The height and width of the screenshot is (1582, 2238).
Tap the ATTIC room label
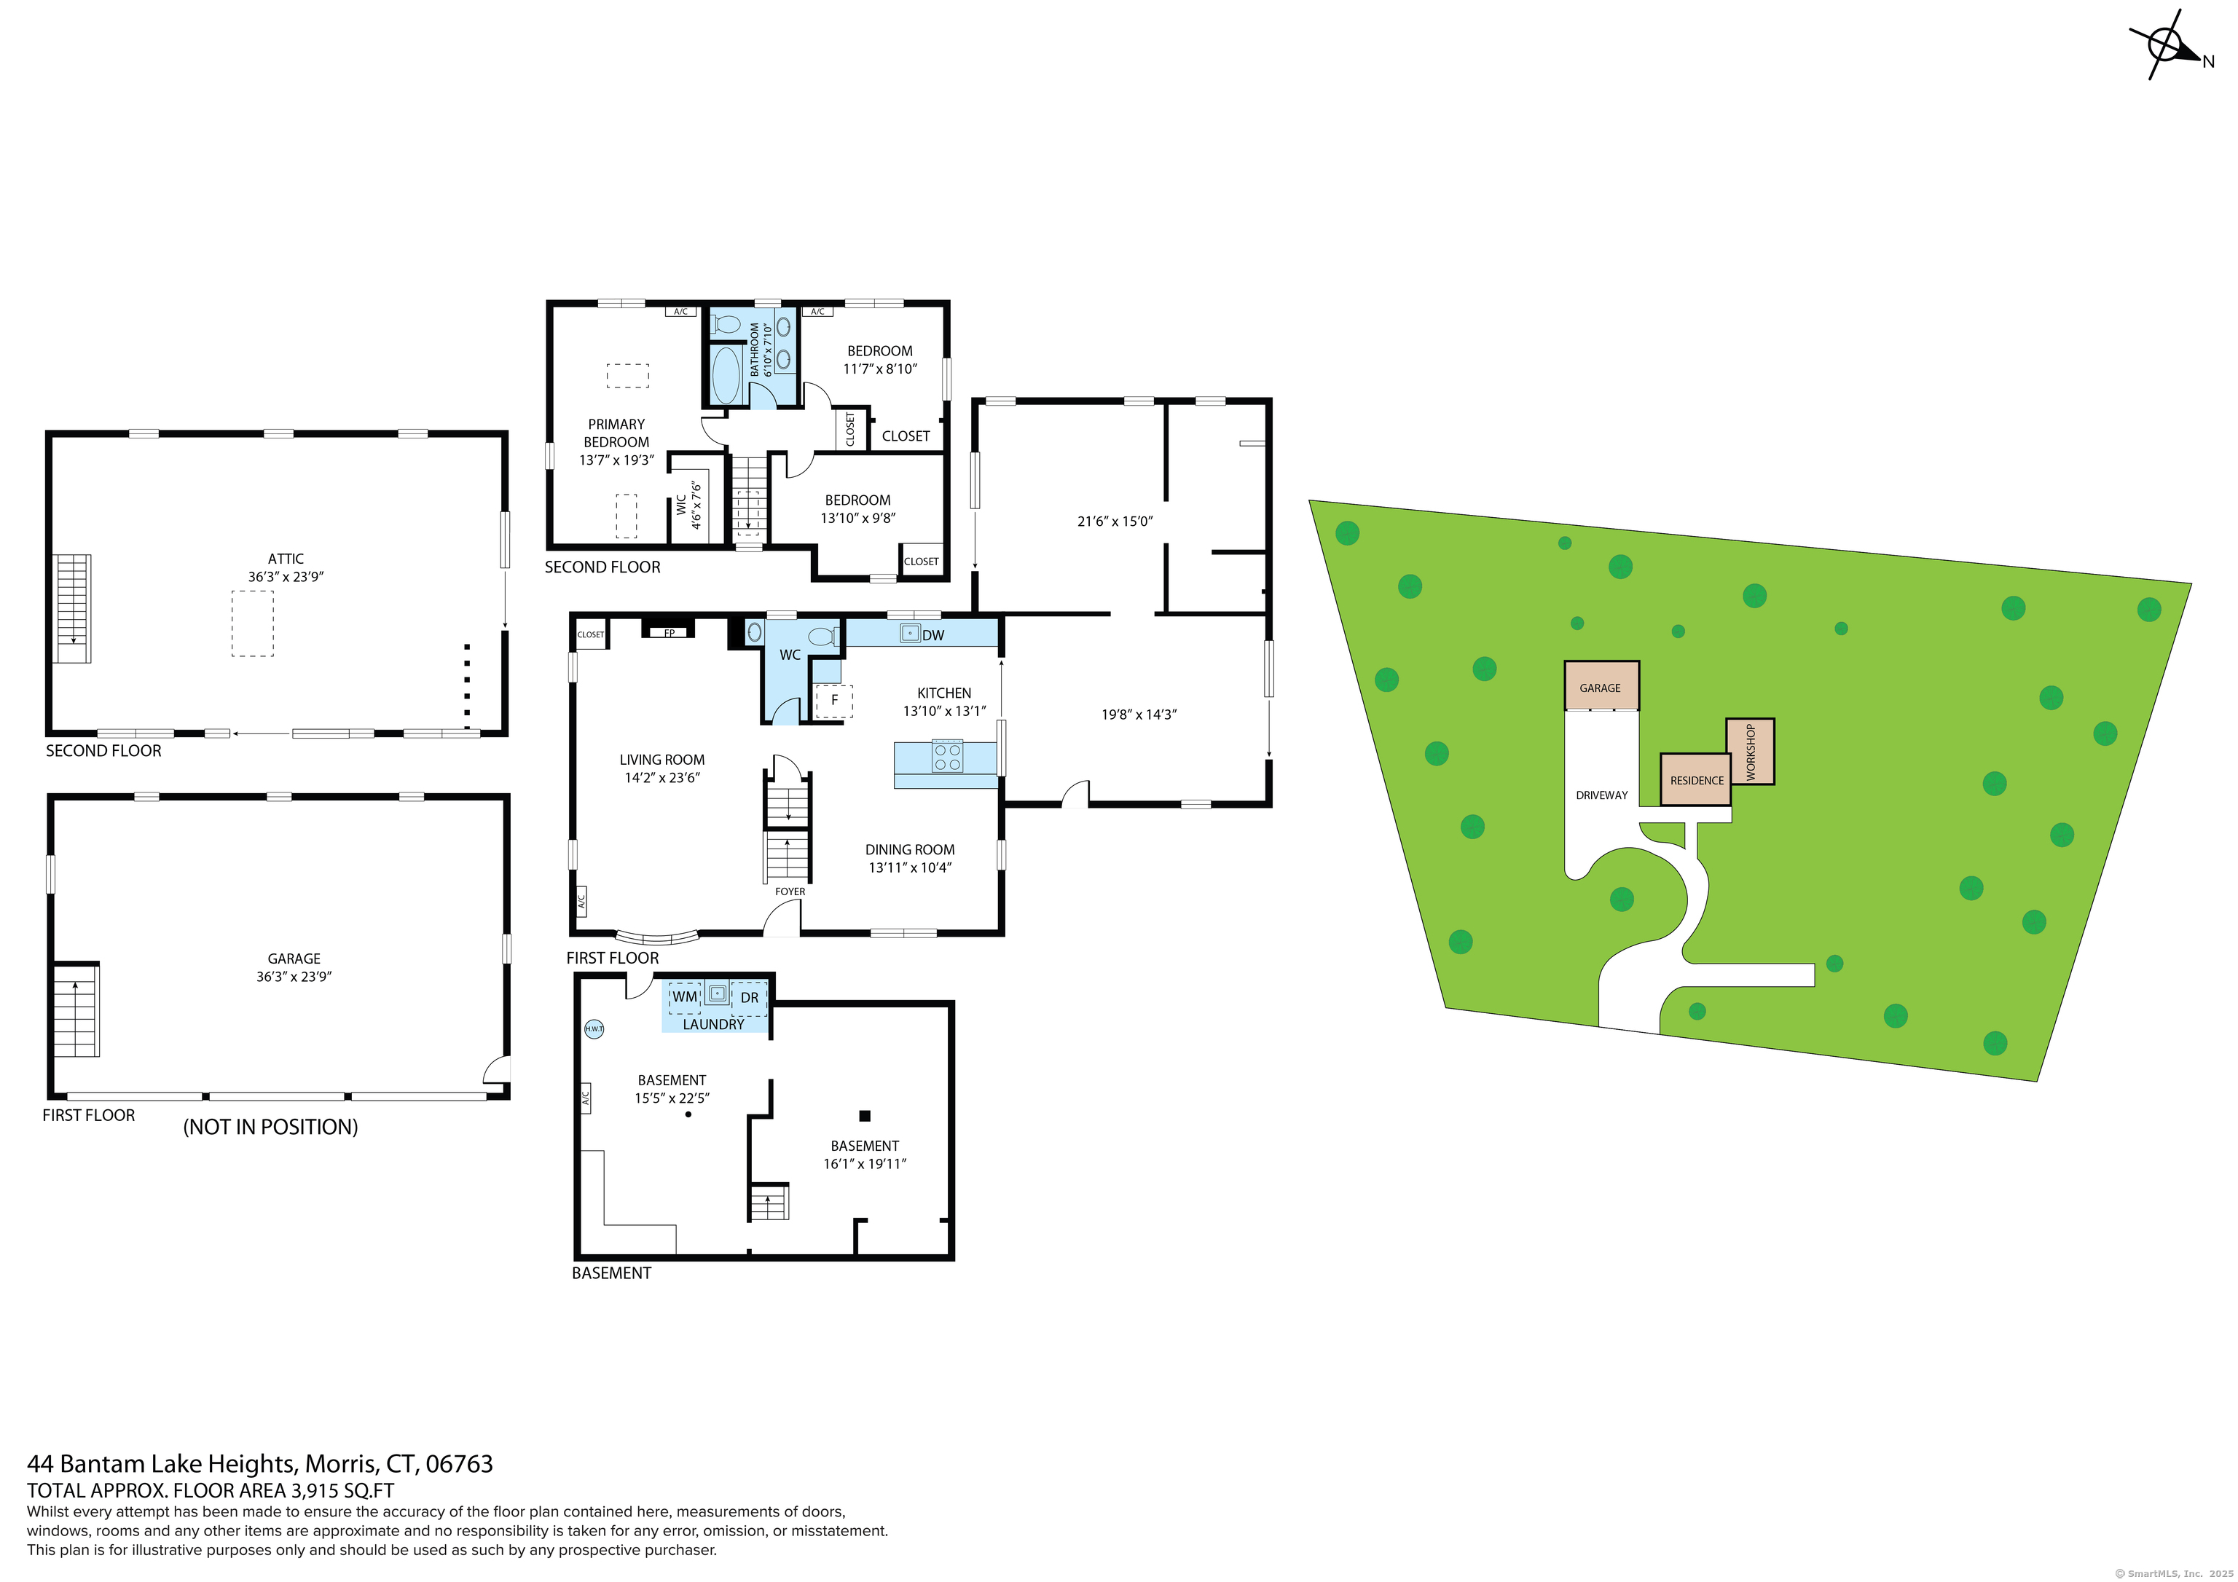click(286, 559)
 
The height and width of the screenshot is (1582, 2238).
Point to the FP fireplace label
click(670, 634)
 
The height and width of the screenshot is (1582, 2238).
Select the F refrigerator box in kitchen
click(834, 701)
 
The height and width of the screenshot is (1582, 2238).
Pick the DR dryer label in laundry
click(750, 998)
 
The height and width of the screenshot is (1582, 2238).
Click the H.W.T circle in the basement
click(594, 1029)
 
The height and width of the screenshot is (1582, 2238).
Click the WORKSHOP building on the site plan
click(1751, 752)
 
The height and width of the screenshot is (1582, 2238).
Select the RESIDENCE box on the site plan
click(1696, 780)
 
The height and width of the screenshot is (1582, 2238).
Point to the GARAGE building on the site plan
click(1601, 686)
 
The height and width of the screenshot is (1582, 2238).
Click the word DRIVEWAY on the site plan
click(1601, 795)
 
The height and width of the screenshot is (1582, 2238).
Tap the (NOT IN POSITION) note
click(271, 1128)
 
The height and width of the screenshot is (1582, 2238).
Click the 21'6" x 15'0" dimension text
click(1115, 522)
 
